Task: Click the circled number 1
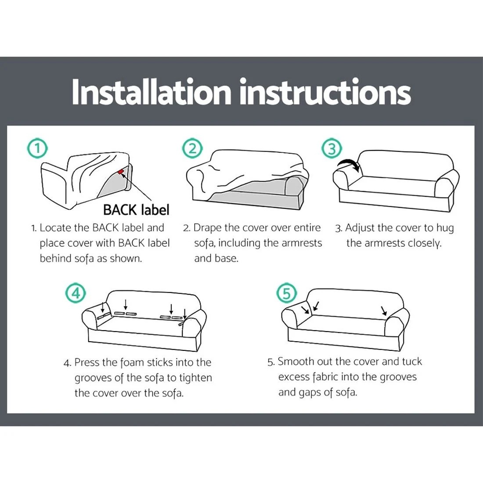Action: (38, 148)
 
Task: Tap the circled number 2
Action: (193, 148)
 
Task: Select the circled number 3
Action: (332, 149)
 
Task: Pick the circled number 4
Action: (76, 292)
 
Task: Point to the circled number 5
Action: (287, 292)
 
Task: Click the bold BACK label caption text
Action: (136, 210)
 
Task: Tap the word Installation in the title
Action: (151, 92)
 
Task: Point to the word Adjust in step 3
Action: (360, 228)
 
